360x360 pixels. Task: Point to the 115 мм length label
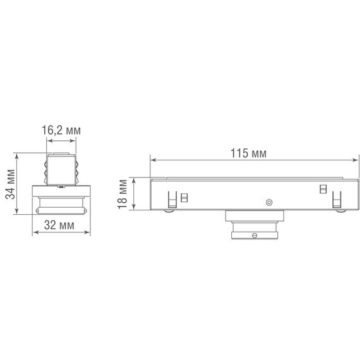pyautogui.click(x=248, y=153)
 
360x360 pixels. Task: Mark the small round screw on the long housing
pyautogui.click(x=268, y=202)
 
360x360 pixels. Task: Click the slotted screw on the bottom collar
pyautogui.click(x=255, y=236)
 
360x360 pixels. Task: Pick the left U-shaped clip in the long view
pyautogui.click(x=171, y=200)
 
